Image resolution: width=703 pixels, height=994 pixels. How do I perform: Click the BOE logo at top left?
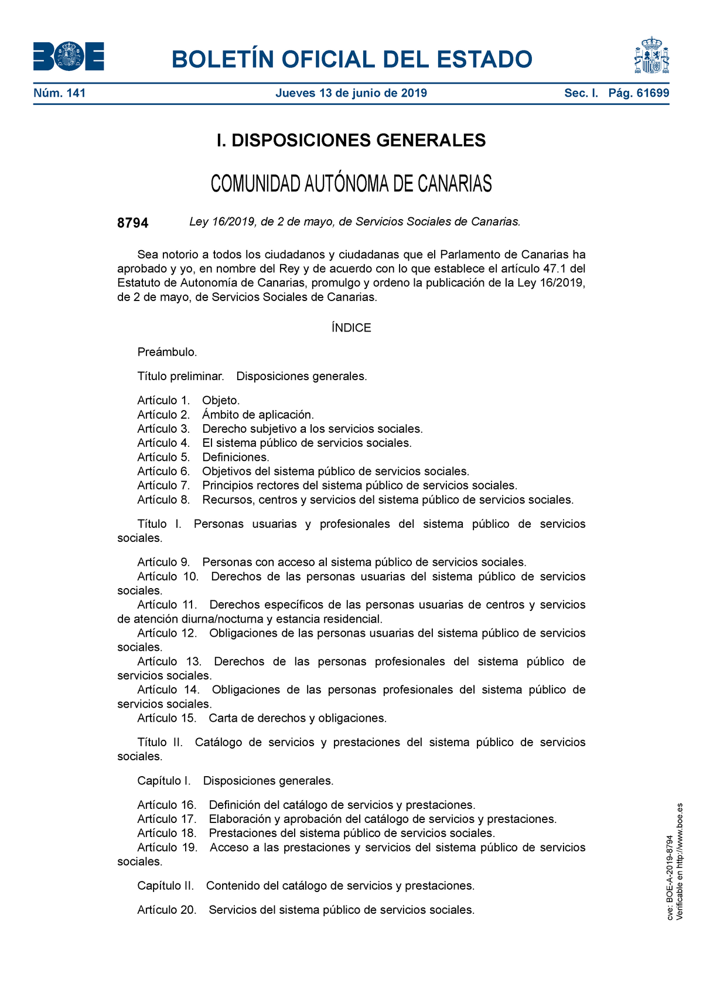[x=69, y=57]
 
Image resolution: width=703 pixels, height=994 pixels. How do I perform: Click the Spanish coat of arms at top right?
[x=651, y=56]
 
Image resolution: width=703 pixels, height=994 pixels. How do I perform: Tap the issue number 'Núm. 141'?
[x=60, y=93]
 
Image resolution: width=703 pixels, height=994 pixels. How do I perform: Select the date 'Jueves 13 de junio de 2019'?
[x=351, y=93]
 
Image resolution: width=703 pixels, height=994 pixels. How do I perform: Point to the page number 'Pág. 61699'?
[x=639, y=93]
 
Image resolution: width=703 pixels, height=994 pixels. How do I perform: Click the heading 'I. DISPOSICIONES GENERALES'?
[x=351, y=141]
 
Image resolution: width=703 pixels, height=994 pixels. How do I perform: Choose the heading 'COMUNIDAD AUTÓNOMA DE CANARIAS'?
[x=351, y=184]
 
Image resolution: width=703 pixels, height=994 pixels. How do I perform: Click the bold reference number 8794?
[x=133, y=223]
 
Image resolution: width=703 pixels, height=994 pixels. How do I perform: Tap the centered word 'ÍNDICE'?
[x=351, y=328]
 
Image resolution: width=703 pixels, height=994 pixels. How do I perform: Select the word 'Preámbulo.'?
[x=167, y=352]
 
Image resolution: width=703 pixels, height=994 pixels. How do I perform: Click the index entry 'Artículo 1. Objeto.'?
[x=188, y=401]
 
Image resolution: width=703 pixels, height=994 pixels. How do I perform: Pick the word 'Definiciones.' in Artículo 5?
[x=236, y=457]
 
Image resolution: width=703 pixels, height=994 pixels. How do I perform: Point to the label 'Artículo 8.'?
[x=164, y=500]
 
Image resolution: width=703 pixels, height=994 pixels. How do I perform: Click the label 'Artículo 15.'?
[x=167, y=718]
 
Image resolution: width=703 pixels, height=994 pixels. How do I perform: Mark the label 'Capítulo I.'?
[x=164, y=781]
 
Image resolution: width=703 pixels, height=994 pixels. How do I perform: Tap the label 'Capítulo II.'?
[x=165, y=886]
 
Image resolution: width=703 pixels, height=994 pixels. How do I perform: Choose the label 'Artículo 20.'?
[x=167, y=910]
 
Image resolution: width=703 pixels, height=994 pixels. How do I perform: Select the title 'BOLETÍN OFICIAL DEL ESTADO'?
[x=351, y=60]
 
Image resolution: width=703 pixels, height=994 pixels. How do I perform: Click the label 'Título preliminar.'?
[x=180, y=376]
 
